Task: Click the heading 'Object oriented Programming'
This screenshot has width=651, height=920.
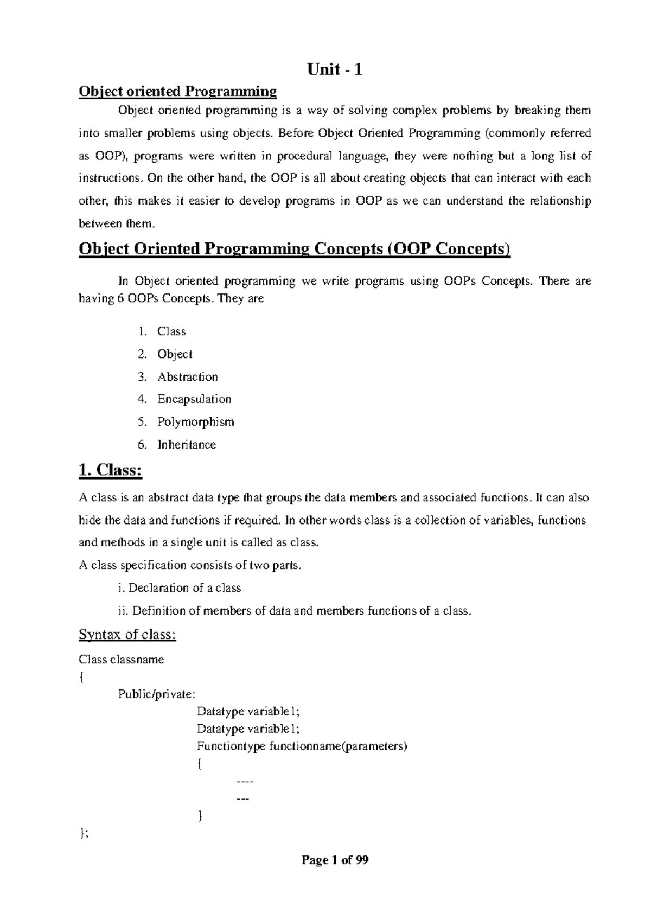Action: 178,91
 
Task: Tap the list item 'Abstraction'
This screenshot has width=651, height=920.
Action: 187,376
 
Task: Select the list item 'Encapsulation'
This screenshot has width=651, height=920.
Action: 194,399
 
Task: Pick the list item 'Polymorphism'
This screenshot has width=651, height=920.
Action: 195,421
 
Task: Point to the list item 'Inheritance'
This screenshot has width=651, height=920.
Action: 186,444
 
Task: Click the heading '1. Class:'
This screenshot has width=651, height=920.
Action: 110,470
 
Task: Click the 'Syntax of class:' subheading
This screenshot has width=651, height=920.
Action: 127,634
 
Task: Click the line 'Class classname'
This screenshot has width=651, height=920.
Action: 122,660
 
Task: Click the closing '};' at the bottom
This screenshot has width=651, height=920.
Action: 84,834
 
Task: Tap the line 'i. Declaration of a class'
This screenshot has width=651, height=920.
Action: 180,588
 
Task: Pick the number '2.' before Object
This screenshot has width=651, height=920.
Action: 142,354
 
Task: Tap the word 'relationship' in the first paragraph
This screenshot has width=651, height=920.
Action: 559,201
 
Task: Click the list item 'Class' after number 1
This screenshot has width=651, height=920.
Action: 171,331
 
